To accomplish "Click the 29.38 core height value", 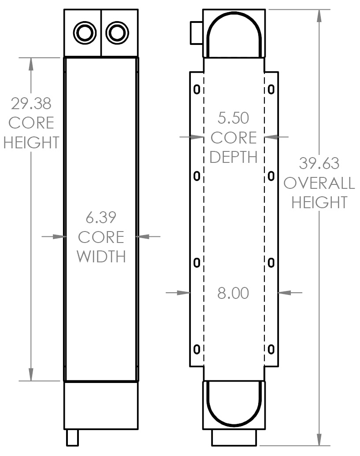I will (x=31, y=104).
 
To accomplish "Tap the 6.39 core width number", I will (x=101, y=218).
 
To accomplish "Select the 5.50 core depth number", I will (x=233, y=118).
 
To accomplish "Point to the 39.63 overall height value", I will (x=319, y=163).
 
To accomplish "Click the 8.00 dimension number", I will (x=233, y=293).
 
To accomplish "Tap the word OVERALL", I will (x=319, y=183).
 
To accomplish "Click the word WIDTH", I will (x=101, y=257).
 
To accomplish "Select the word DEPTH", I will (x=233, y=157).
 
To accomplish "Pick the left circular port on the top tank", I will (x=84, y=32).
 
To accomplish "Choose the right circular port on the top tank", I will (x=117, y=32).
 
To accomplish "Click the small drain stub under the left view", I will (x=72, y=438).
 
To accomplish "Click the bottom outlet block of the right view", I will (x=234, y=438).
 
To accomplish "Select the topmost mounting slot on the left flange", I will (x=197, y=90).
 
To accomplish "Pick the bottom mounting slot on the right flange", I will (x=271, y=350).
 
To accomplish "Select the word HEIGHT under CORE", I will (x=31, y=143).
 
